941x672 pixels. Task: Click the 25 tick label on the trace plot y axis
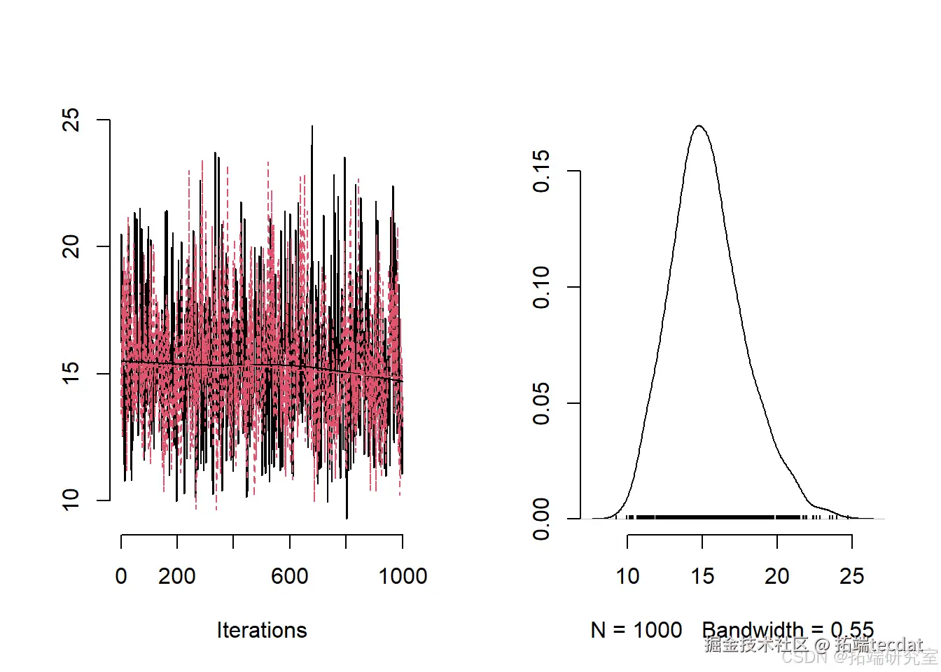point(71,120)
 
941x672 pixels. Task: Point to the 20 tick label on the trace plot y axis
point(71,246)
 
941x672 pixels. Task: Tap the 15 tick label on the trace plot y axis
point(71,373)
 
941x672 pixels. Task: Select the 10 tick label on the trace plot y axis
point(71,500)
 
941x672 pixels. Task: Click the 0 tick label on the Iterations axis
point(121,576)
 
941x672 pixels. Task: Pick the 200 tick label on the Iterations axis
point(177,576)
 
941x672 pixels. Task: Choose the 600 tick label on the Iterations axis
point(290,576)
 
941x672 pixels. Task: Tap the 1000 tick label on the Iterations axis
point(403,576)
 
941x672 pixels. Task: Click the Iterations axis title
point(262,630)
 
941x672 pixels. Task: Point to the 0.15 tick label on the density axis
point(541,171)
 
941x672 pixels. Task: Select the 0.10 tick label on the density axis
point(541,287)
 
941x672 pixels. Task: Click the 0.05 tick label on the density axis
point(541,403)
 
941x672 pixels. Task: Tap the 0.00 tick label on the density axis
point(541,519)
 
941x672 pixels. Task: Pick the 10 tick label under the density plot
point(627,576)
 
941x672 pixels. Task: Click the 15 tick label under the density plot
point(702,576)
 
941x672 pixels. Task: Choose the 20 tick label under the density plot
point(777,576)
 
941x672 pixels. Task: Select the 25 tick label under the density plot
point(852,576)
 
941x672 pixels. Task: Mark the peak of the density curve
point(699,126)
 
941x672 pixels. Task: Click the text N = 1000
point(636,630)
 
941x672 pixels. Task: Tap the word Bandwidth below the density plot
point(753,630)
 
